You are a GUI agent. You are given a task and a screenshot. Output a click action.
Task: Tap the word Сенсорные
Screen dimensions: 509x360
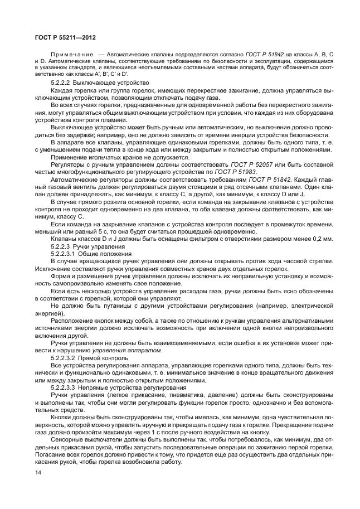pos(67,438)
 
